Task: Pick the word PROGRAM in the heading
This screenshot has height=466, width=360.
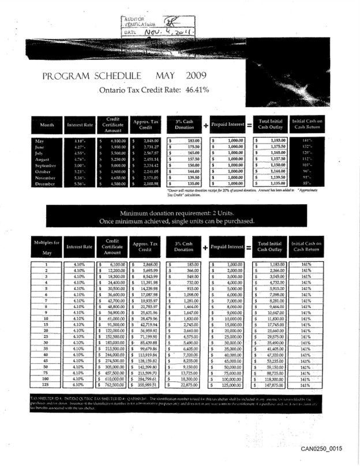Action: pos(68,76)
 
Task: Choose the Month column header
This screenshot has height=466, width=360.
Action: pos(47,124)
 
